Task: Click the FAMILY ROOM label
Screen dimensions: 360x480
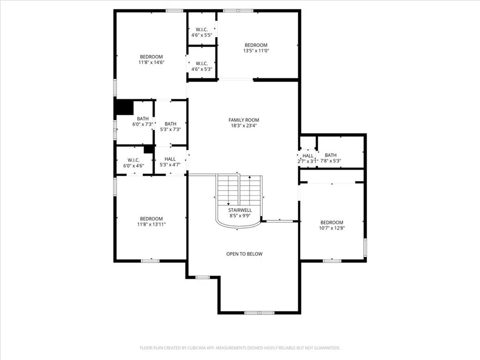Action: (x=243, y=120)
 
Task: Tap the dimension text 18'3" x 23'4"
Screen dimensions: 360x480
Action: (x=243, y=126)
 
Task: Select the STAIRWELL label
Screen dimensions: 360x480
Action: (x=240, y=210)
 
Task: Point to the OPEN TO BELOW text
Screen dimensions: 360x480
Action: (x=244, y=254)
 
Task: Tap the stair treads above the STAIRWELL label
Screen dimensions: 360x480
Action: (x=240, y=190)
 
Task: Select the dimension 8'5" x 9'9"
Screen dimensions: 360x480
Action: (x=240, y=216)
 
